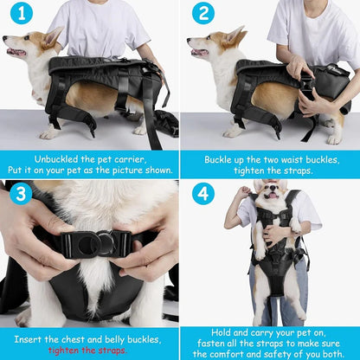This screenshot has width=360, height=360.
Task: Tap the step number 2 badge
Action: click(x=202, y=15)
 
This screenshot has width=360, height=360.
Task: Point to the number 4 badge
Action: click(x=202, y=193)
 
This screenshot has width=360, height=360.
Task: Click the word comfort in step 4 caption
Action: click(x=236, y=354)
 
